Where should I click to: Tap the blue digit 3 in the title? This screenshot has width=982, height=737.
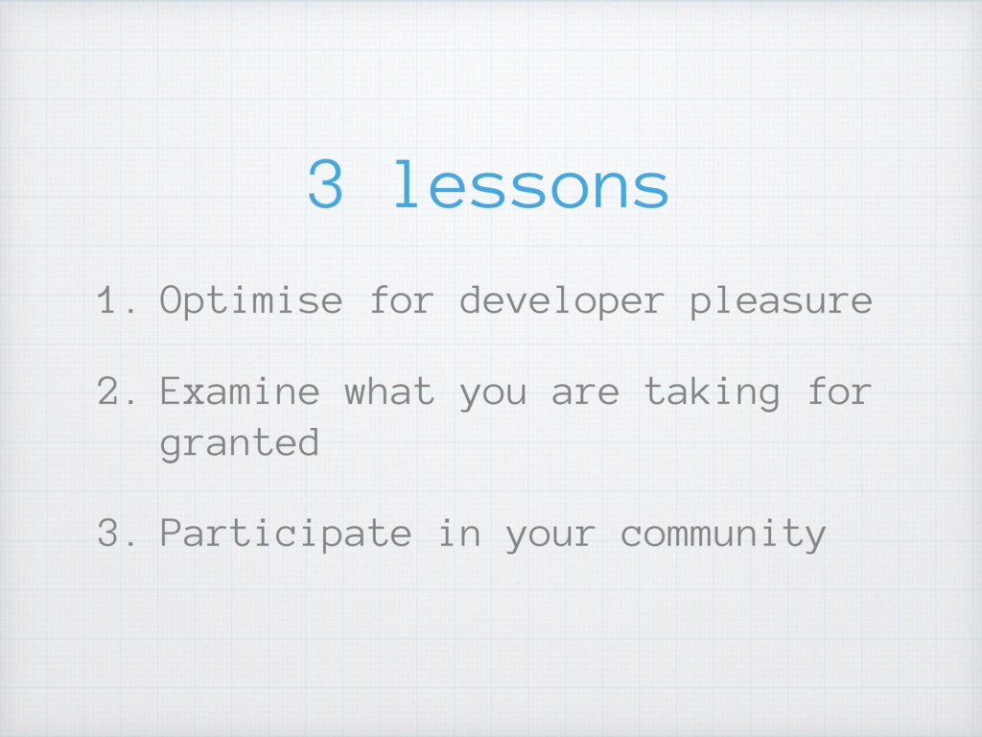click(x=326, y=183)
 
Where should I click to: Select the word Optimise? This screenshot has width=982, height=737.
click(x=251, y=301)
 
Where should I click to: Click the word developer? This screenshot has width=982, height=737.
click(x=562, y=300)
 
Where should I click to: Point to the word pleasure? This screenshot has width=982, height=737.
click(x=781, y=301)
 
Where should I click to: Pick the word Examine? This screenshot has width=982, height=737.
click(x=240, y=392)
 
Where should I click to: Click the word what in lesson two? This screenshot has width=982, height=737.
click(x=389, y=392)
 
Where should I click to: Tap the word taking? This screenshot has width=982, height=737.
click(x=713, y=392)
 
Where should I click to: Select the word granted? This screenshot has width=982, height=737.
click(x=240, y=443)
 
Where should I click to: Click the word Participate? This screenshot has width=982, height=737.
click(x=286, y=535)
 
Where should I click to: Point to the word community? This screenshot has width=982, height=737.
click(x=723, y=535)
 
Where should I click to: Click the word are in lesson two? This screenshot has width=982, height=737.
click(x=585, y=393)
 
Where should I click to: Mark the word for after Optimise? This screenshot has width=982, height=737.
click(x=402, y=299)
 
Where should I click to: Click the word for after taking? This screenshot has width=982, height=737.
click(x=840, y=392)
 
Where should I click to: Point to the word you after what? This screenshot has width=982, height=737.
click(x=493, y=395)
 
